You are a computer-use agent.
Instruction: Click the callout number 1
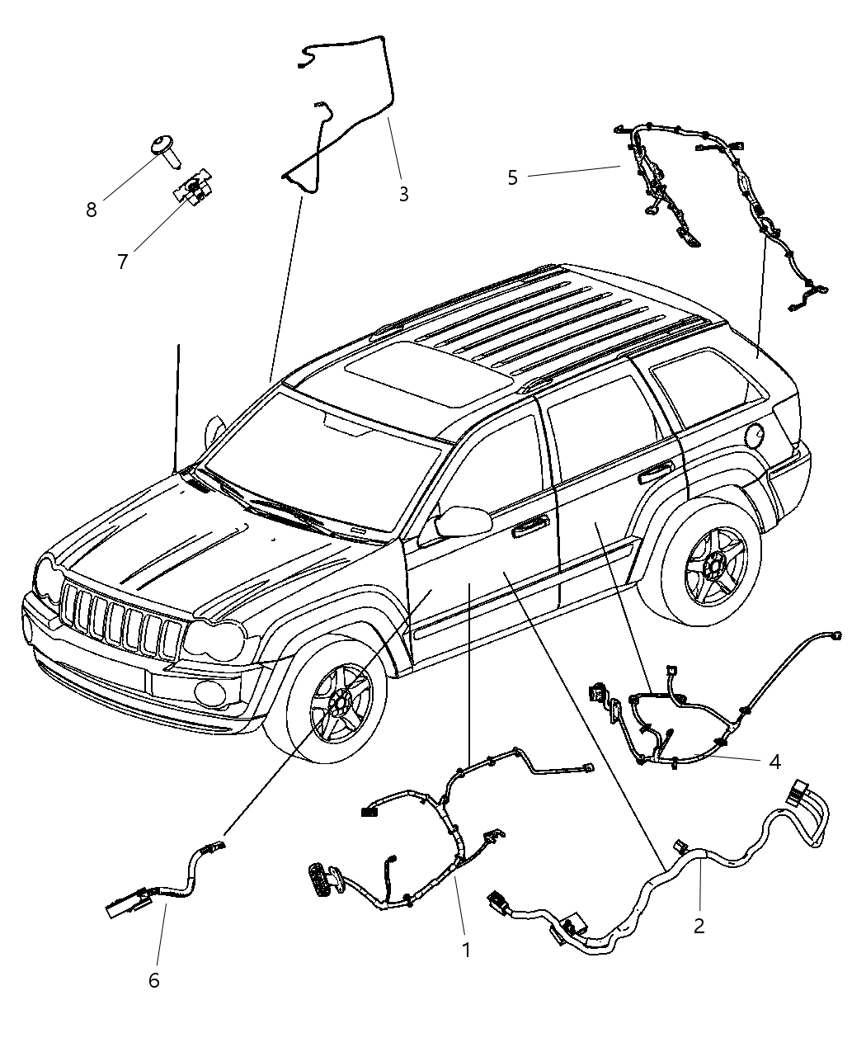point(466,950)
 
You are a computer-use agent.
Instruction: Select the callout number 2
point(699,926)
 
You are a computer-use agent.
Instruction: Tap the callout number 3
point(403,194)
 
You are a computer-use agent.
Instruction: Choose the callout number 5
point(512,177)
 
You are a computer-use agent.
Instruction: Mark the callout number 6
point(153,980)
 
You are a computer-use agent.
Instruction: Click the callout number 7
point(122,262)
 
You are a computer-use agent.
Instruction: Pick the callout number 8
point(91,210)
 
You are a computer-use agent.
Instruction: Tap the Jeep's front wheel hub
point(339,701)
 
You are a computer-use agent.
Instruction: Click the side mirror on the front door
point(463,521)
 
